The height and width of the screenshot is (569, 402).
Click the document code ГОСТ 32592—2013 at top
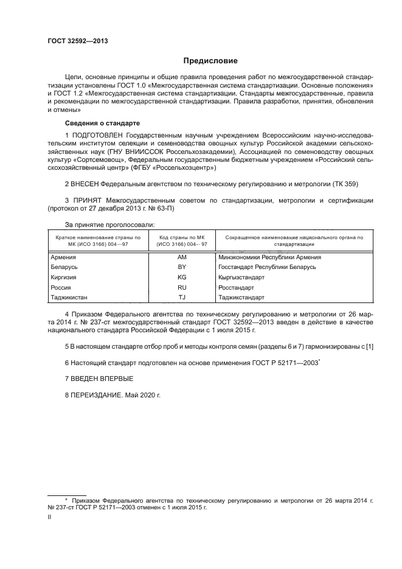pyautogui.click(x=74, y=41)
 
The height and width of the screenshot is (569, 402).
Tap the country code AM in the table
pyautogui.click(x=181, y=257)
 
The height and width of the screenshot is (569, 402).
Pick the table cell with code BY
pyautogui.click(x=181, y=267)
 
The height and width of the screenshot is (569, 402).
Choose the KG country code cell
pyautogui.click(x=181, y=277)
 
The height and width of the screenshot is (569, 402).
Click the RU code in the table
pyautogui.click(x=181, y=287)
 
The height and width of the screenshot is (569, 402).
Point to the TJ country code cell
pyautogui.click(x=181, y=297)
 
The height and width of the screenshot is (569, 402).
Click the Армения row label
pyautogui.click(x=64, y=257)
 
